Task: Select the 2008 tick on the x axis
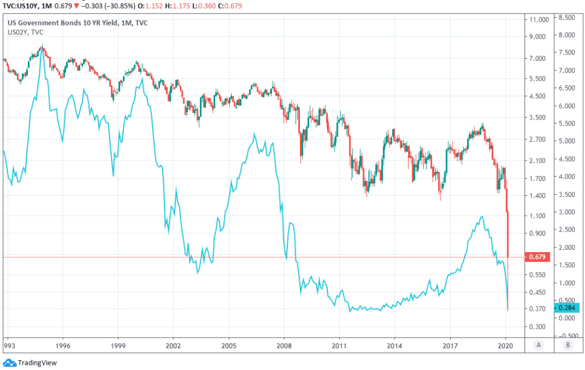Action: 284,345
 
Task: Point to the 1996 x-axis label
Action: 63,345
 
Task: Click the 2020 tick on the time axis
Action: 506,345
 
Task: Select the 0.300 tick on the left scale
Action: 537,327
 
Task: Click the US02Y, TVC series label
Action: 25,32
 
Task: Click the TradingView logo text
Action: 37,363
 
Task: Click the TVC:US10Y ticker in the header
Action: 22,5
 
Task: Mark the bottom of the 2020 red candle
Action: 508,311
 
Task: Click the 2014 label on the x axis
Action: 395,345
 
